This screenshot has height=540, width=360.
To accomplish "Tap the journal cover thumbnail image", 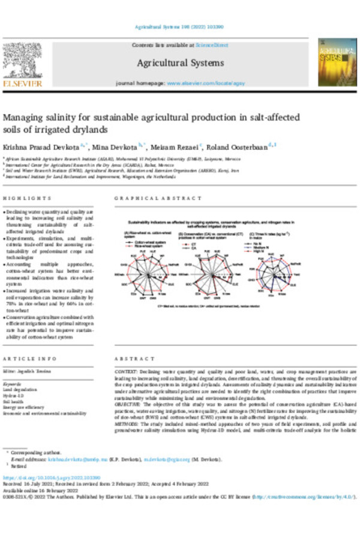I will [333, 62].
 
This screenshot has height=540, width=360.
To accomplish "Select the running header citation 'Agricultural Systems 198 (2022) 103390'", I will [179, 28].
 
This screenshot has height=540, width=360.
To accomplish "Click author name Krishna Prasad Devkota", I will [43, 146].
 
